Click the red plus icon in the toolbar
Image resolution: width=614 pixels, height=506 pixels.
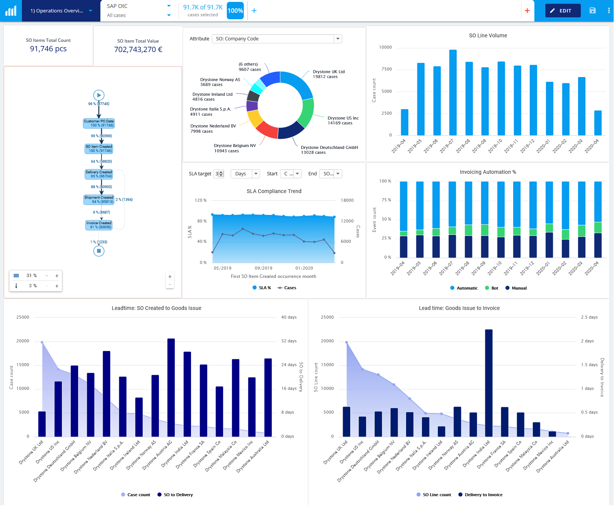click(x=527, y=11)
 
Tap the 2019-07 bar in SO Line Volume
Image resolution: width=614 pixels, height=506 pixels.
click(x=453, y=92)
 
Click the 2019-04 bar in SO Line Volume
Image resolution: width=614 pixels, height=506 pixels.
click(x=405, y=122)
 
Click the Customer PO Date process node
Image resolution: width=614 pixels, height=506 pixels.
click(x=99, y=123)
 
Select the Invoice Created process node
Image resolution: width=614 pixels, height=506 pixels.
click(x=99, y=225)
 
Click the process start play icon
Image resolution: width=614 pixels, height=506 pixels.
click(x=99, y=95)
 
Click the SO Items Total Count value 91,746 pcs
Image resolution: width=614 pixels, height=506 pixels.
click(x=48, y=49)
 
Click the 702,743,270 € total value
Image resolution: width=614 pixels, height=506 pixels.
click(x=138, y=50)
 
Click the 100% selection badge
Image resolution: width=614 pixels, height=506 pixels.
click(x=235, y=11)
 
